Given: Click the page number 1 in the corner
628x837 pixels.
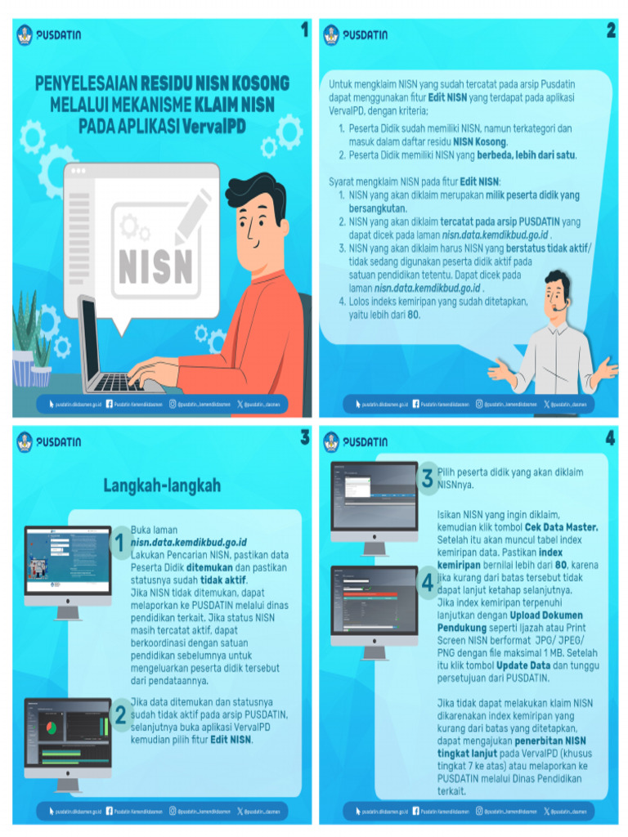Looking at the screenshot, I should pyautogui.click(x=304, y=30).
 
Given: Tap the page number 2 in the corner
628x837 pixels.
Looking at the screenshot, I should pyautogui.click(x=610, y=30).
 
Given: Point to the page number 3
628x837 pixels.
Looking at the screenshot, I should pyautogui.click(x=304, y=438).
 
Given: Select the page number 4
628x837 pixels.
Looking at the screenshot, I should pyautogui.click(x=610, y=438).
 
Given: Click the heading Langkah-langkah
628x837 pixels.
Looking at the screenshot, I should pyautogui.click(x=162, y=486).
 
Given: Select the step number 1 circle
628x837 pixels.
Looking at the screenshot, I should pyautogui.click(x=119, y=543).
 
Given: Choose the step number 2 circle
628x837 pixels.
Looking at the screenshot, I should pyautogui.click(x=120, y=715).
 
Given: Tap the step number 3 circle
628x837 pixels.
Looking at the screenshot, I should pyautogui.click(x=427, y=479).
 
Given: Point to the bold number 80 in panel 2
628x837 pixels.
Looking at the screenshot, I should pyautogui.click(x=414, y=314).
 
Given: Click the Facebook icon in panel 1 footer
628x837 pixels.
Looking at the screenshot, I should pyautogui.click(x=110, y=404).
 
